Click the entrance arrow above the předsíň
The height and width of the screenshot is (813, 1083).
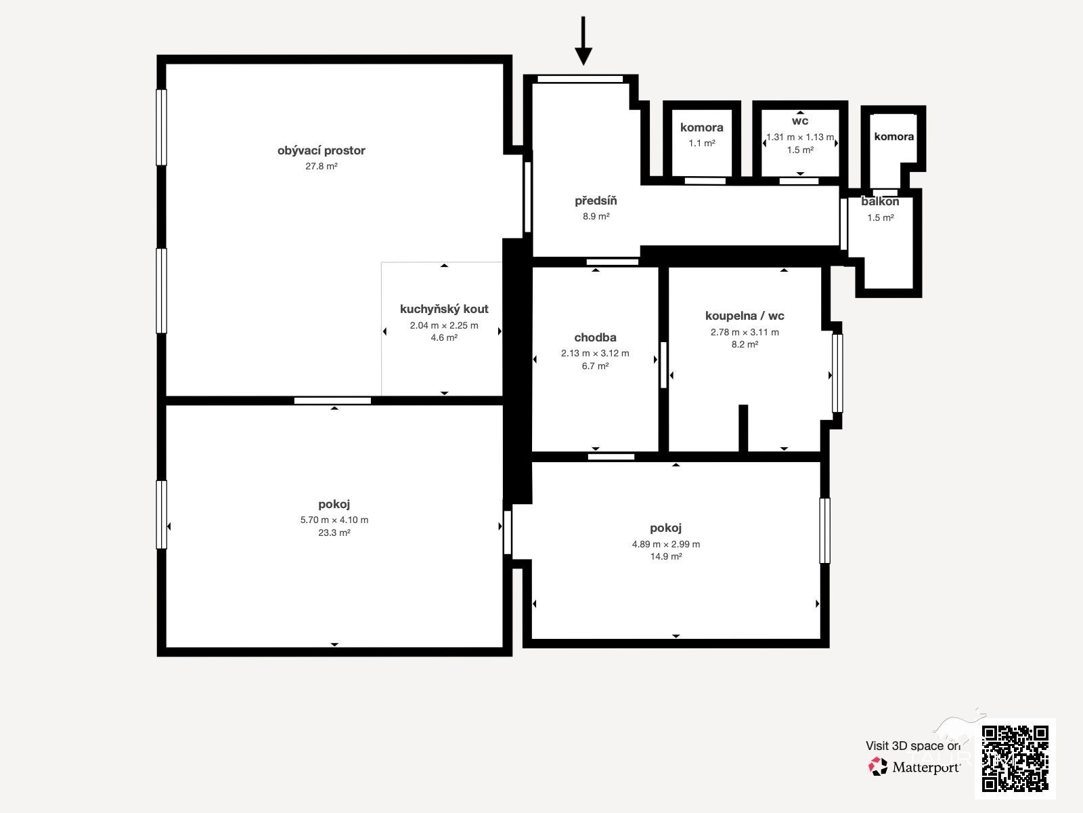[583, 41]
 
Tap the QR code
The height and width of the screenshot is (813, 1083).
[1015, 759]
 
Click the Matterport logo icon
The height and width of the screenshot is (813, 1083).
[878, 767]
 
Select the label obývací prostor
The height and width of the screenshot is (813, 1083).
[322, 150]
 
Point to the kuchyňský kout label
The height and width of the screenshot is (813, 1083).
[444, 309]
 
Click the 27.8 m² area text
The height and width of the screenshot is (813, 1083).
[322, 167]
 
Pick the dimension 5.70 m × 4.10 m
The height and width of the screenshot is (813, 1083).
[334, 520]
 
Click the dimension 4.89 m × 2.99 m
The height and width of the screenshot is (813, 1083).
[665, 544]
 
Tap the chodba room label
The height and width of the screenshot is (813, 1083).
[595, 337]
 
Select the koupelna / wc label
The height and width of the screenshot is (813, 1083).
[745, 316]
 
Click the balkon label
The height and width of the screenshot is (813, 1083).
[880, 201]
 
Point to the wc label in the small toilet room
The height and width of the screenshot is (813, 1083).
[800, 121]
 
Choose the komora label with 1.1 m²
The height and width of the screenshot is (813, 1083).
[702, 127]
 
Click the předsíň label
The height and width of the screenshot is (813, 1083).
[596, 201]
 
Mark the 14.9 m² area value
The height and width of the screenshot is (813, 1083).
[666, 556]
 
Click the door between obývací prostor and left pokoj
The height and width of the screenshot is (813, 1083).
[332, 401]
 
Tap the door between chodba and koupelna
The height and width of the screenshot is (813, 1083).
[663, 364]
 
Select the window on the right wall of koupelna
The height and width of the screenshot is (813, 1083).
[837, 373]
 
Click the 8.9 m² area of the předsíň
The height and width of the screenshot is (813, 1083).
[596, 216]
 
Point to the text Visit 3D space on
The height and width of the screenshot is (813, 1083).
[913, 746]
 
